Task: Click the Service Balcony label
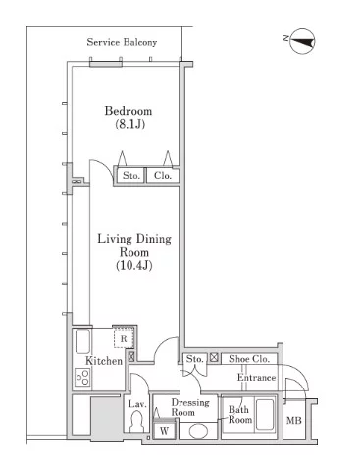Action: point(122,42)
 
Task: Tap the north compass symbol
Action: point(302,41)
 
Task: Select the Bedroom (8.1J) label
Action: point(129,117)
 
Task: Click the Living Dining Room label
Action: point(134,252)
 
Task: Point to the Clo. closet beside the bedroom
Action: point(163,176)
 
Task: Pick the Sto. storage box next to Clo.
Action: point(130,176)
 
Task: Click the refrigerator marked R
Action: point(124,338)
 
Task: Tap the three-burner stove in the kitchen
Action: point(82,377)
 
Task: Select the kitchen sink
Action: point(82,341)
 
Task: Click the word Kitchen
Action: point(104,361)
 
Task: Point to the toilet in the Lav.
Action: point(135,422)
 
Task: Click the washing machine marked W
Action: point(164,431)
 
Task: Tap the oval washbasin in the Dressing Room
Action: point(198,431)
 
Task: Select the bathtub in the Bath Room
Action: point(265,414)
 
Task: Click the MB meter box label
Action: point(294,420)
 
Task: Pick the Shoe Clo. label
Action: point(249,359)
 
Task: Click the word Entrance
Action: point(256,378)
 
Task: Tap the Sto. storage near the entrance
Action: point(194,359)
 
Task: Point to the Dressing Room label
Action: point(190,407)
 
